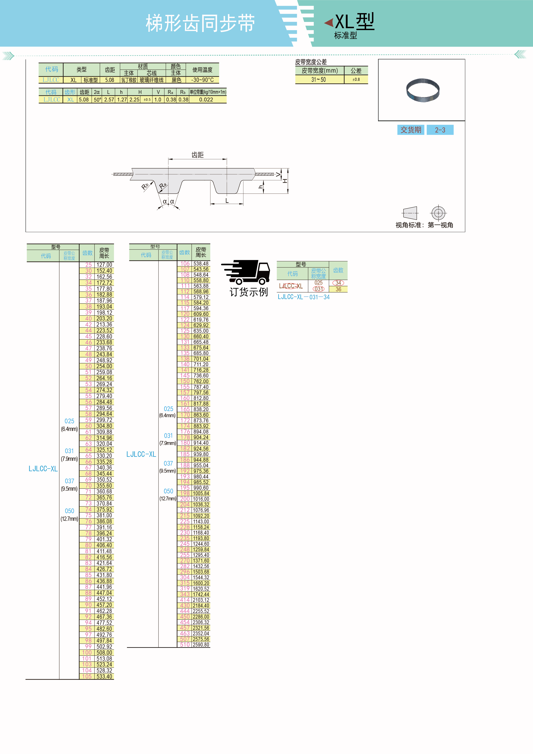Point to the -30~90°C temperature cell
point(202,80)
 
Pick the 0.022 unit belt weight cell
point(206,100)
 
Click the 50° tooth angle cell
point(98,100)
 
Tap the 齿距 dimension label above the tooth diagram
point(198,155)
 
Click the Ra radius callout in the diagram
point(163,186)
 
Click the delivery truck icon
point(246,272)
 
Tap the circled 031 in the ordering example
point(318,289)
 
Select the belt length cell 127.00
point(104,265)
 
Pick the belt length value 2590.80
point(201,645)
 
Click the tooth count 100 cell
point(87,653)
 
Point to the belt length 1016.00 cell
point(201,499)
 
